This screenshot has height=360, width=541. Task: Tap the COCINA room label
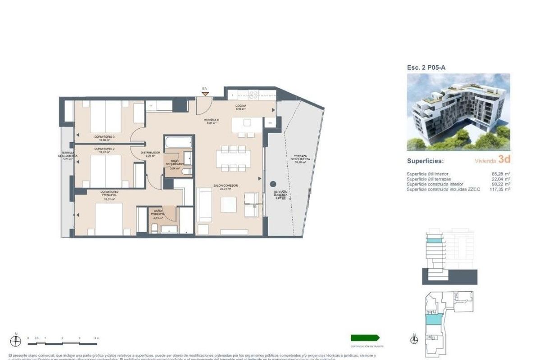pyautogui.click(x=240, y=106)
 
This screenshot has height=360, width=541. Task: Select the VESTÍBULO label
pyautogui.click(x=211, y=120)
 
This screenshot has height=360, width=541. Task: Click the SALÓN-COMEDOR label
pyautogui.click(x=226, y=185)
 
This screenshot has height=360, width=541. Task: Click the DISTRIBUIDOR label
pyautogui.click(x=150, y=153)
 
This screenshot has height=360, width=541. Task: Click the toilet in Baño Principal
pyautogui.click(x=155, y=229)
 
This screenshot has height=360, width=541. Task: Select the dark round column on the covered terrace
pyautogui.click(x=273, y=184)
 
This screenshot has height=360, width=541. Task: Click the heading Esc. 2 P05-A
pyautogui.click(x=426, y=67)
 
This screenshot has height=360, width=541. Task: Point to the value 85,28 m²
pyautogui.click(x=501, y=174)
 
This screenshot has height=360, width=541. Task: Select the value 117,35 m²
pyautogui.click(x=500, y=189)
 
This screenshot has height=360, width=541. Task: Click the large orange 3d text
pyautogui.click(x=504, y=160)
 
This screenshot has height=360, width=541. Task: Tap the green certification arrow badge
pyautogui.click(x=365, y=337)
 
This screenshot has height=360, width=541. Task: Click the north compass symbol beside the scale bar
pyautogui.click(x=16, y=341)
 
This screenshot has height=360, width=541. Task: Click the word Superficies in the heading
pyautogui.click(x=425, y=161)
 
